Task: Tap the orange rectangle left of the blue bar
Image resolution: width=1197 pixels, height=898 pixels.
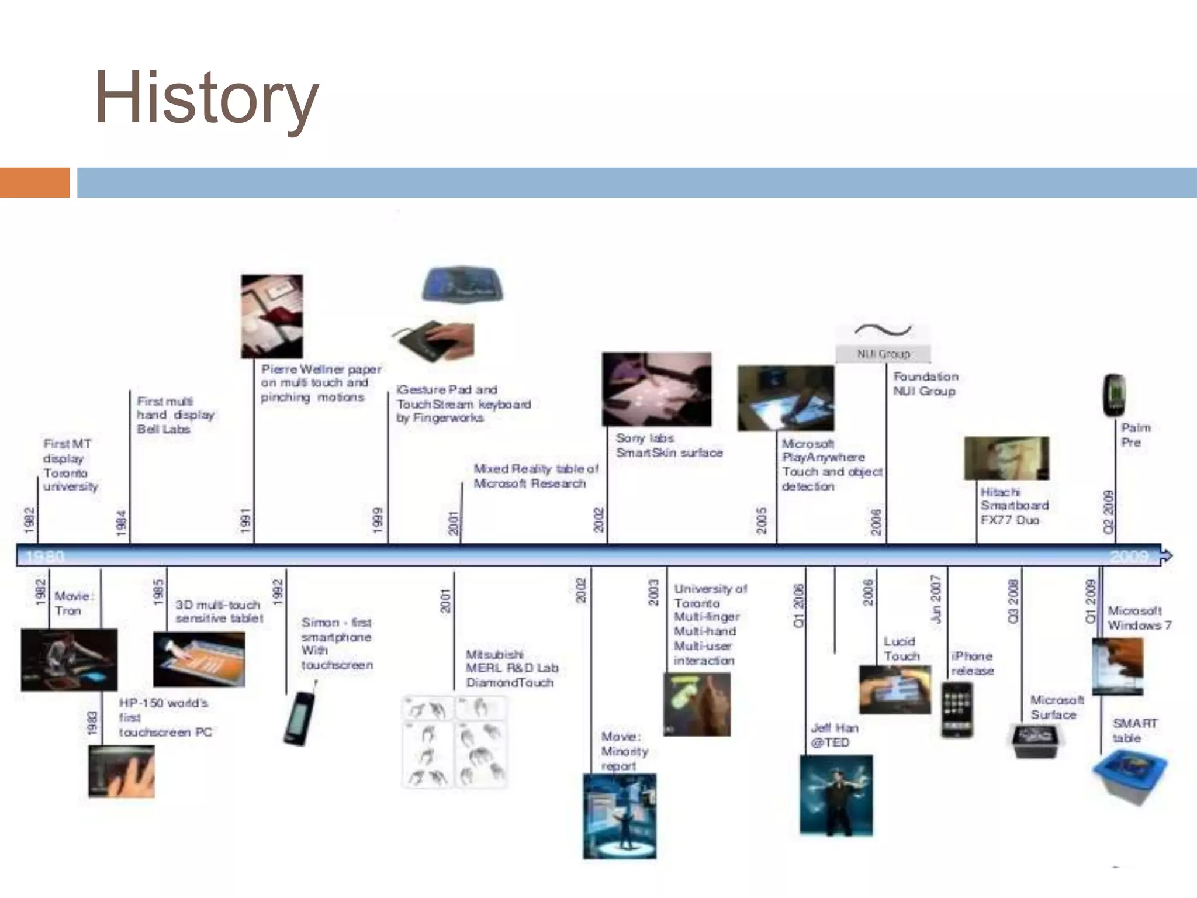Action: [x=34, y=182]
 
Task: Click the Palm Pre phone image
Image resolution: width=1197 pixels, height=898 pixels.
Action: [x=1114, y=395]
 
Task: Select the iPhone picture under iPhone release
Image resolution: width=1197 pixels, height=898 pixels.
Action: [x=957, y=709]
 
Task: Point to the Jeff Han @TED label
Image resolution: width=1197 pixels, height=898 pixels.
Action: [x=834, y=735]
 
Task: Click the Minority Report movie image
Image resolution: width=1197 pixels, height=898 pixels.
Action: [x=620, y=816]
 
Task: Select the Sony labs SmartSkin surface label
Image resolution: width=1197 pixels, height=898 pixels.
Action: [x=669, y=445]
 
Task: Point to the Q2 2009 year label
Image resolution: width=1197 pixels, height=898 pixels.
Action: [x=1109, y=512]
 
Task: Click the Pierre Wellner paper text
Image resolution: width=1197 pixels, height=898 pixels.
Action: [x=320, y=383]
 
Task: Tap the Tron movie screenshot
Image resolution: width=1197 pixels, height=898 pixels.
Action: [x=69, y=659]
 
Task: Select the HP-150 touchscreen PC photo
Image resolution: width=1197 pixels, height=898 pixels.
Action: [x=122, y=772]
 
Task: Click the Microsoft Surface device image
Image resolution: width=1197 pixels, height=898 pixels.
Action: [x=1035, y=741]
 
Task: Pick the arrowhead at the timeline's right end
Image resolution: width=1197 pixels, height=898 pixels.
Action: [x=1165, y=555]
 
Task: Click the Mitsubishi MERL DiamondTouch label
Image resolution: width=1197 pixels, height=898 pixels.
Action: [x=511, y=668]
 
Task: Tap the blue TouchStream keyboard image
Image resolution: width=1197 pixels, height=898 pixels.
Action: [x=462, y=285]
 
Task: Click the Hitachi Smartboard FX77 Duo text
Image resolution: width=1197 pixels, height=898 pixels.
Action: [x=1014, y=506]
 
